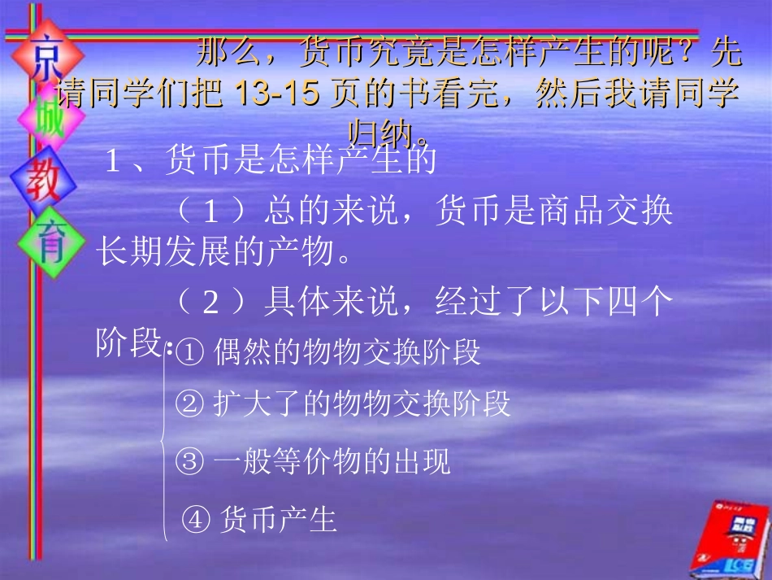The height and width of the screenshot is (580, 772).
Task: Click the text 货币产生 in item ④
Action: coord(278,520)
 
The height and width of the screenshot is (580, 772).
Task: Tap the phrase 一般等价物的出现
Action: coord(332,463)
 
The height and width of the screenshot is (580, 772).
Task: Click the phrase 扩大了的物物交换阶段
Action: coord(362,404)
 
